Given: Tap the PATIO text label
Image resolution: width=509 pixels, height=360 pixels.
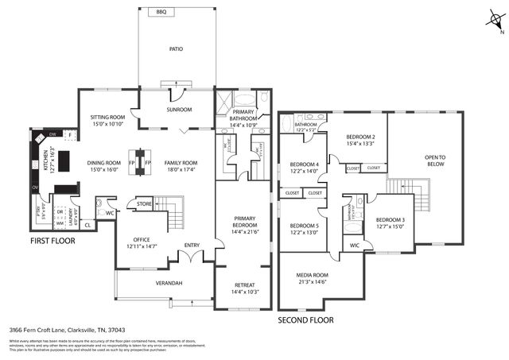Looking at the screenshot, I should (176, 49).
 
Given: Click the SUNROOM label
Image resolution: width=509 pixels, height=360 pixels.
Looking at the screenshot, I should (179, 110).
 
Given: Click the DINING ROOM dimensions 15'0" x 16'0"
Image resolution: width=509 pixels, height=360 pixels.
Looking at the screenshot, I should (103, 170).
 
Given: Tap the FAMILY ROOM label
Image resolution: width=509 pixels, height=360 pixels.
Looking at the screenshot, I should (181, 162).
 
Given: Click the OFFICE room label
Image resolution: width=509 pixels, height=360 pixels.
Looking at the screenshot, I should (142, 240).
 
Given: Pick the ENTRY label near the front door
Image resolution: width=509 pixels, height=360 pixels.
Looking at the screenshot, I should (192, 246).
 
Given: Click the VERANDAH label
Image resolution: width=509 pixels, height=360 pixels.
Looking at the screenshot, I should (169, 283).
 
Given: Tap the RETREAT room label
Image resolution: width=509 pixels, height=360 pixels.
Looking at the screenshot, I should (245, 285).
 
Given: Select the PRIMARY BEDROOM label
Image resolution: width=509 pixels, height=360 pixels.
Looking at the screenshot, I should (245, 221).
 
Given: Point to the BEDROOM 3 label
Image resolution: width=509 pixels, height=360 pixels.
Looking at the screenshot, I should (390, 220).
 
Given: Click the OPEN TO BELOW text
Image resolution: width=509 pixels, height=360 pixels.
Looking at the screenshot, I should (435, 161).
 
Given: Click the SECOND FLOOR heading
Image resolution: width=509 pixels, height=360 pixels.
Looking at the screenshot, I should (305, 320).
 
